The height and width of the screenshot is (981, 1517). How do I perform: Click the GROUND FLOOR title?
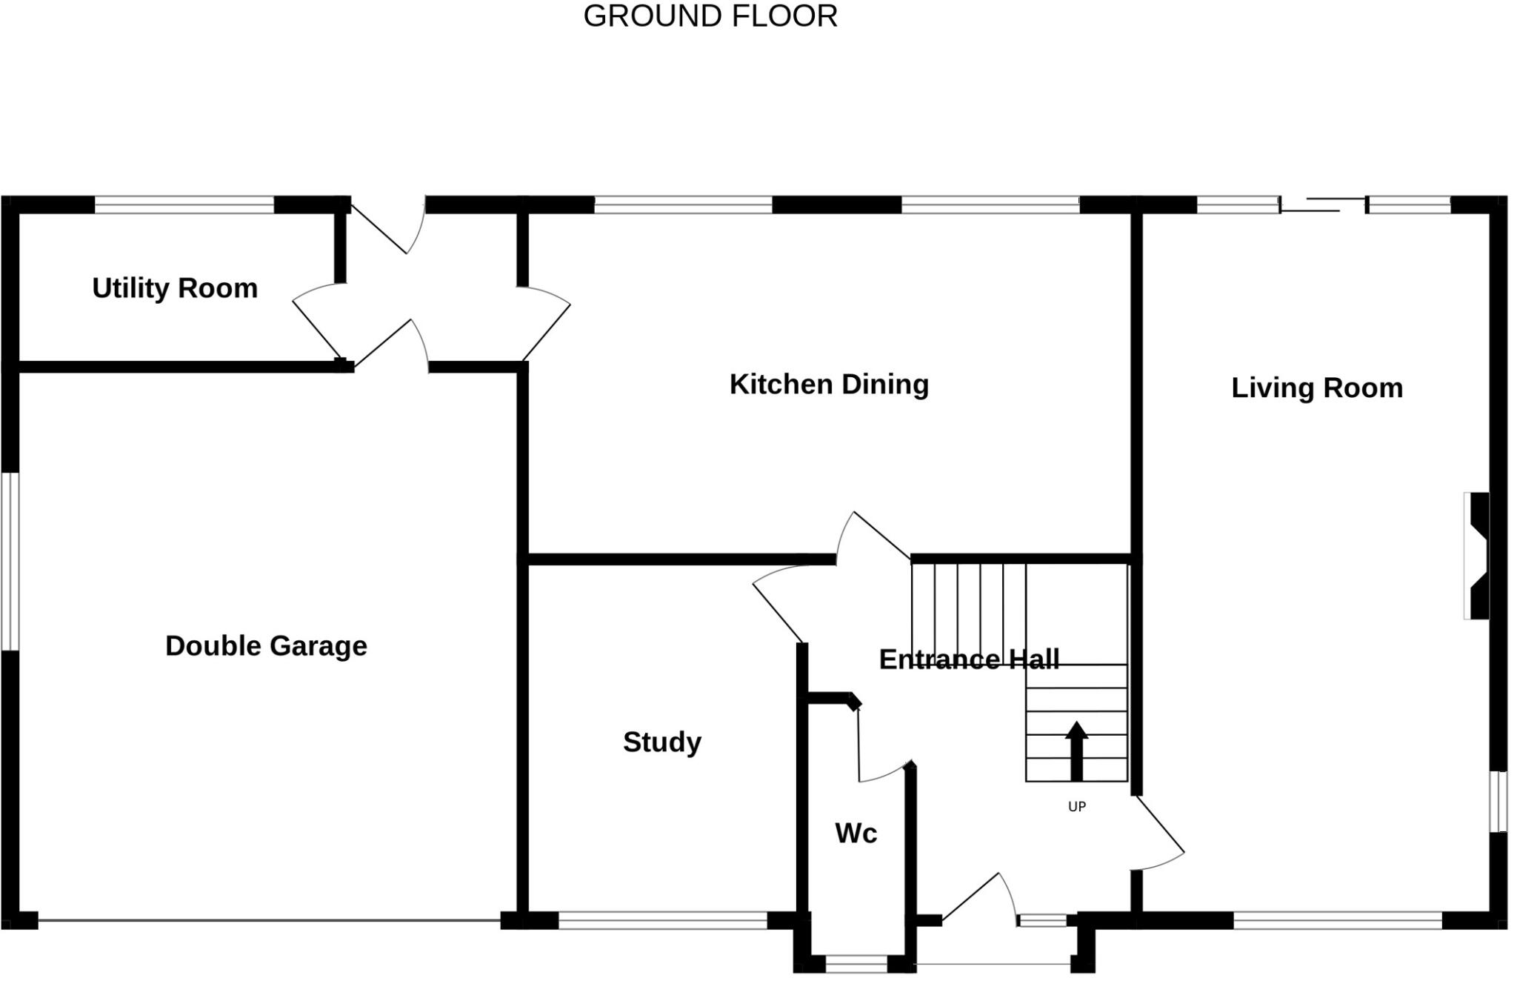(x=710, y=16)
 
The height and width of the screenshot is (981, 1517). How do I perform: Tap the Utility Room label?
(x=175, y=288)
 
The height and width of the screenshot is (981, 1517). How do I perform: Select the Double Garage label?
(x=266, y=646)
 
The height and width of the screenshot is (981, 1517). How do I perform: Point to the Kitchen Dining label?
(x=829, y=385)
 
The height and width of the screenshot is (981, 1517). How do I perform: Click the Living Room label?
(x=1317, y=388)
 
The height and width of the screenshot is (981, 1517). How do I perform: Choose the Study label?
(x=661, y=742)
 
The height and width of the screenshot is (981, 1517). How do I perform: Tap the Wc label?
(x=856, y=834)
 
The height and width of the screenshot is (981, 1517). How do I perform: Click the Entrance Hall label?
(x=969, y=659)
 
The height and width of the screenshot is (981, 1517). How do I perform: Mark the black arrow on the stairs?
(x=1076, y=751)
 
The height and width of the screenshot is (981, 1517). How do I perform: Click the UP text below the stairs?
(x=1077, y=807)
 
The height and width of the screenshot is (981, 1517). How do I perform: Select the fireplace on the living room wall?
(x=1477, y=556)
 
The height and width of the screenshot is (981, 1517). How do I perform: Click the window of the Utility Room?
(x=184, y=205)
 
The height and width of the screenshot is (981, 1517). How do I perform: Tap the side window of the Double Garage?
(x=10, y=562)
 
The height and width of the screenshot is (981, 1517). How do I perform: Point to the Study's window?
(x=662, y=921)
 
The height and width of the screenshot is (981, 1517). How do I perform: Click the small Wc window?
(x=856, y=964)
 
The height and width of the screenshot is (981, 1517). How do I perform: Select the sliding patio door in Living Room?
(x=1323, y=205)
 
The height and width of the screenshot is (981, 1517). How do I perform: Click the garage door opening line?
(x=269, y=920)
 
